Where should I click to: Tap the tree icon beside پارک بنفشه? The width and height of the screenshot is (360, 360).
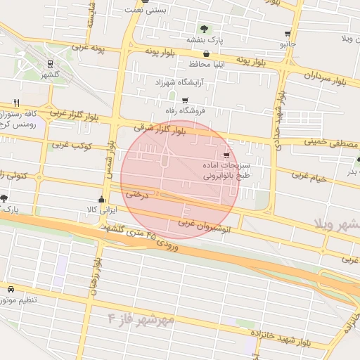pyautogui.click(x=204, y=29)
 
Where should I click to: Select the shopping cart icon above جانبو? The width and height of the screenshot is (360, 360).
pyautogui.click(x=288, y=33)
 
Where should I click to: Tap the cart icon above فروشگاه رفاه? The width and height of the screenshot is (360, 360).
pyautogui.click(x=185, y=101)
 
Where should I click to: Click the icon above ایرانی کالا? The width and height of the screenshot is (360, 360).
pyautogui.click(x=103, y=198)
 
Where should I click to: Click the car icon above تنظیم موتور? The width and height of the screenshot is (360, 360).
pyautogui.click(x=11, y=289)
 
